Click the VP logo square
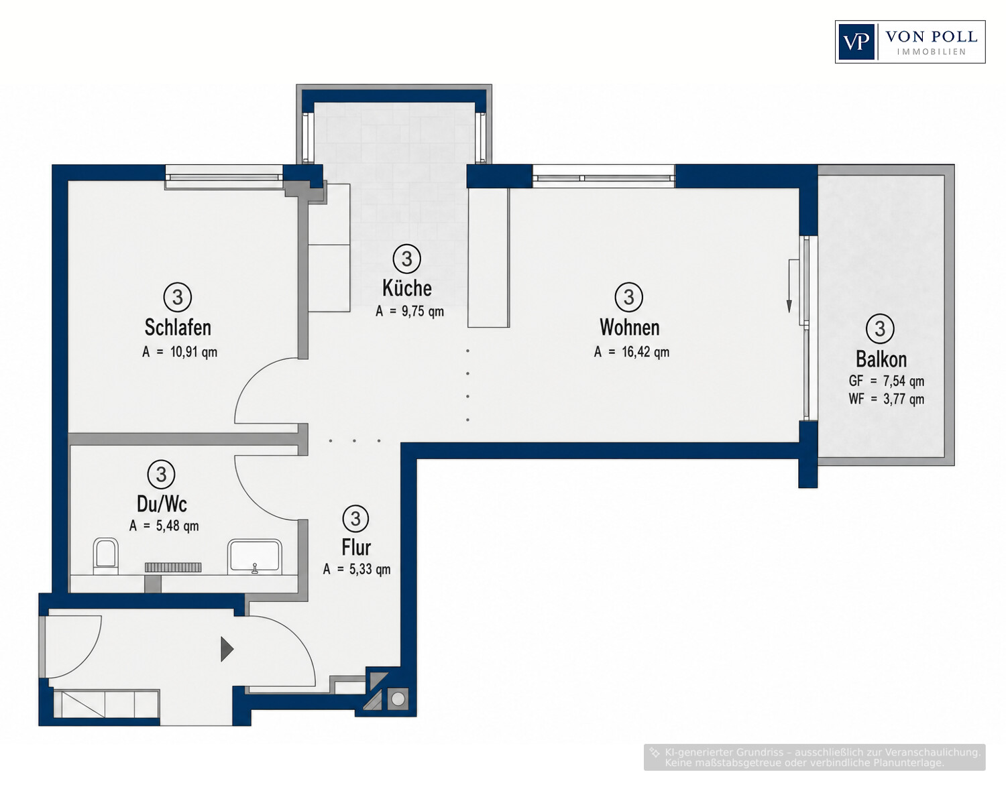coord(856,42)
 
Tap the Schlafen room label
coord(178,328)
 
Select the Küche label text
coord(406,288)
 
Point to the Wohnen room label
coord(629,328)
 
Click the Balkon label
coord(881,359)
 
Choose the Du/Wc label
coord(162,504)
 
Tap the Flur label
coord(356,547)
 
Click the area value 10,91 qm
coord(194,352)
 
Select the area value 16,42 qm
coord(645,352)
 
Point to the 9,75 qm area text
coord(423,311)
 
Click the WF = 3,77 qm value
coord(887,400)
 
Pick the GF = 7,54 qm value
coord(887,381)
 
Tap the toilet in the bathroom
coord(105,556)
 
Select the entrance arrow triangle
coord(227,650)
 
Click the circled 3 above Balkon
coord(880,328)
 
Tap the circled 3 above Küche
coord(406,258)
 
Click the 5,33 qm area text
coord(370,570)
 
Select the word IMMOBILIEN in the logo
coord(931,52)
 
